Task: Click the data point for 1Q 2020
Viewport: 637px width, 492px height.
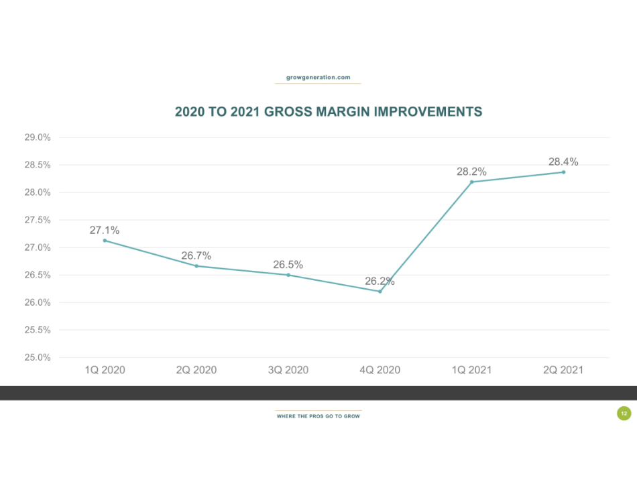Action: [105, 241]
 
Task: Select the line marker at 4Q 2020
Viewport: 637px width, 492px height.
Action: [380, 291]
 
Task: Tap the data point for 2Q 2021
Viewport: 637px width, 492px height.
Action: [563, 172]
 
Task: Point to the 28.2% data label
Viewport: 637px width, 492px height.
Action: [471, 172]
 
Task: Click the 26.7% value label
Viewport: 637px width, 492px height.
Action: [196, 255]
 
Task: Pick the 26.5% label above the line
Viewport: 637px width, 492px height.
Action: [288, 265]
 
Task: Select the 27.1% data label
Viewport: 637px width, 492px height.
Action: [105, 231]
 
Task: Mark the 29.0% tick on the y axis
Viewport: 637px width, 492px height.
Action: [38, 137]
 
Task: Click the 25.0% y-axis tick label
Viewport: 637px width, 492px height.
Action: [38, 357]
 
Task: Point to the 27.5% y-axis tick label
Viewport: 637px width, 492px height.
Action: [38, 220]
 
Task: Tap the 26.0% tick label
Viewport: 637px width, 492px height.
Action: [38, 302]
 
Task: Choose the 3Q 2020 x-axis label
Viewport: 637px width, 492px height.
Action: [288, 370]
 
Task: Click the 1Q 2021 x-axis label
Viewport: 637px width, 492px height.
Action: [471, 370]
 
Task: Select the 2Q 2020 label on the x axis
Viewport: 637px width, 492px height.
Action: [196, 370]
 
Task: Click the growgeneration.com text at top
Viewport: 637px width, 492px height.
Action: [318, 78]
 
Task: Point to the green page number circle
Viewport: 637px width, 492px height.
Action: [624, 414]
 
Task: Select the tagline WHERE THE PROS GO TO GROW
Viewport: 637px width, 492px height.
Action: [318, 416]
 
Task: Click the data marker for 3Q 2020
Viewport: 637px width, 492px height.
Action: [288, 275]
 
